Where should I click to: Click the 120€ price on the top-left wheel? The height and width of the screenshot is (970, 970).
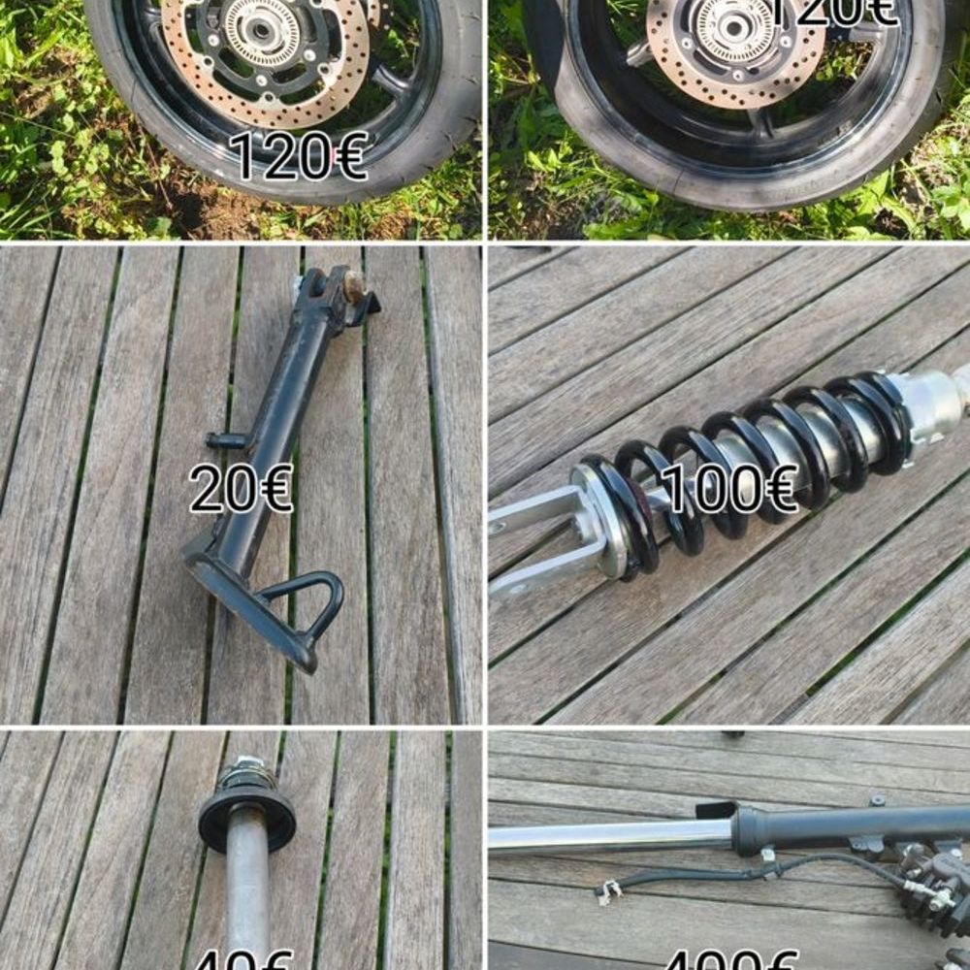[x=299, y=157]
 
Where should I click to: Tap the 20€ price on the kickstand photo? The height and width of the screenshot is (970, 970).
[x=241, y=488]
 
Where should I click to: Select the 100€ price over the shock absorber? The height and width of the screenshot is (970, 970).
[x=727, y=488]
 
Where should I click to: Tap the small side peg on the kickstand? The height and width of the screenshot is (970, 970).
[x=226, y=440]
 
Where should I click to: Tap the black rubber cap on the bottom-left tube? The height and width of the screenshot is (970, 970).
[x=247, y=815]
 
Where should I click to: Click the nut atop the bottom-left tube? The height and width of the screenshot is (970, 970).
[x=248, y=771]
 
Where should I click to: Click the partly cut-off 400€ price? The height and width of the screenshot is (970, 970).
[x=729, y=960]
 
